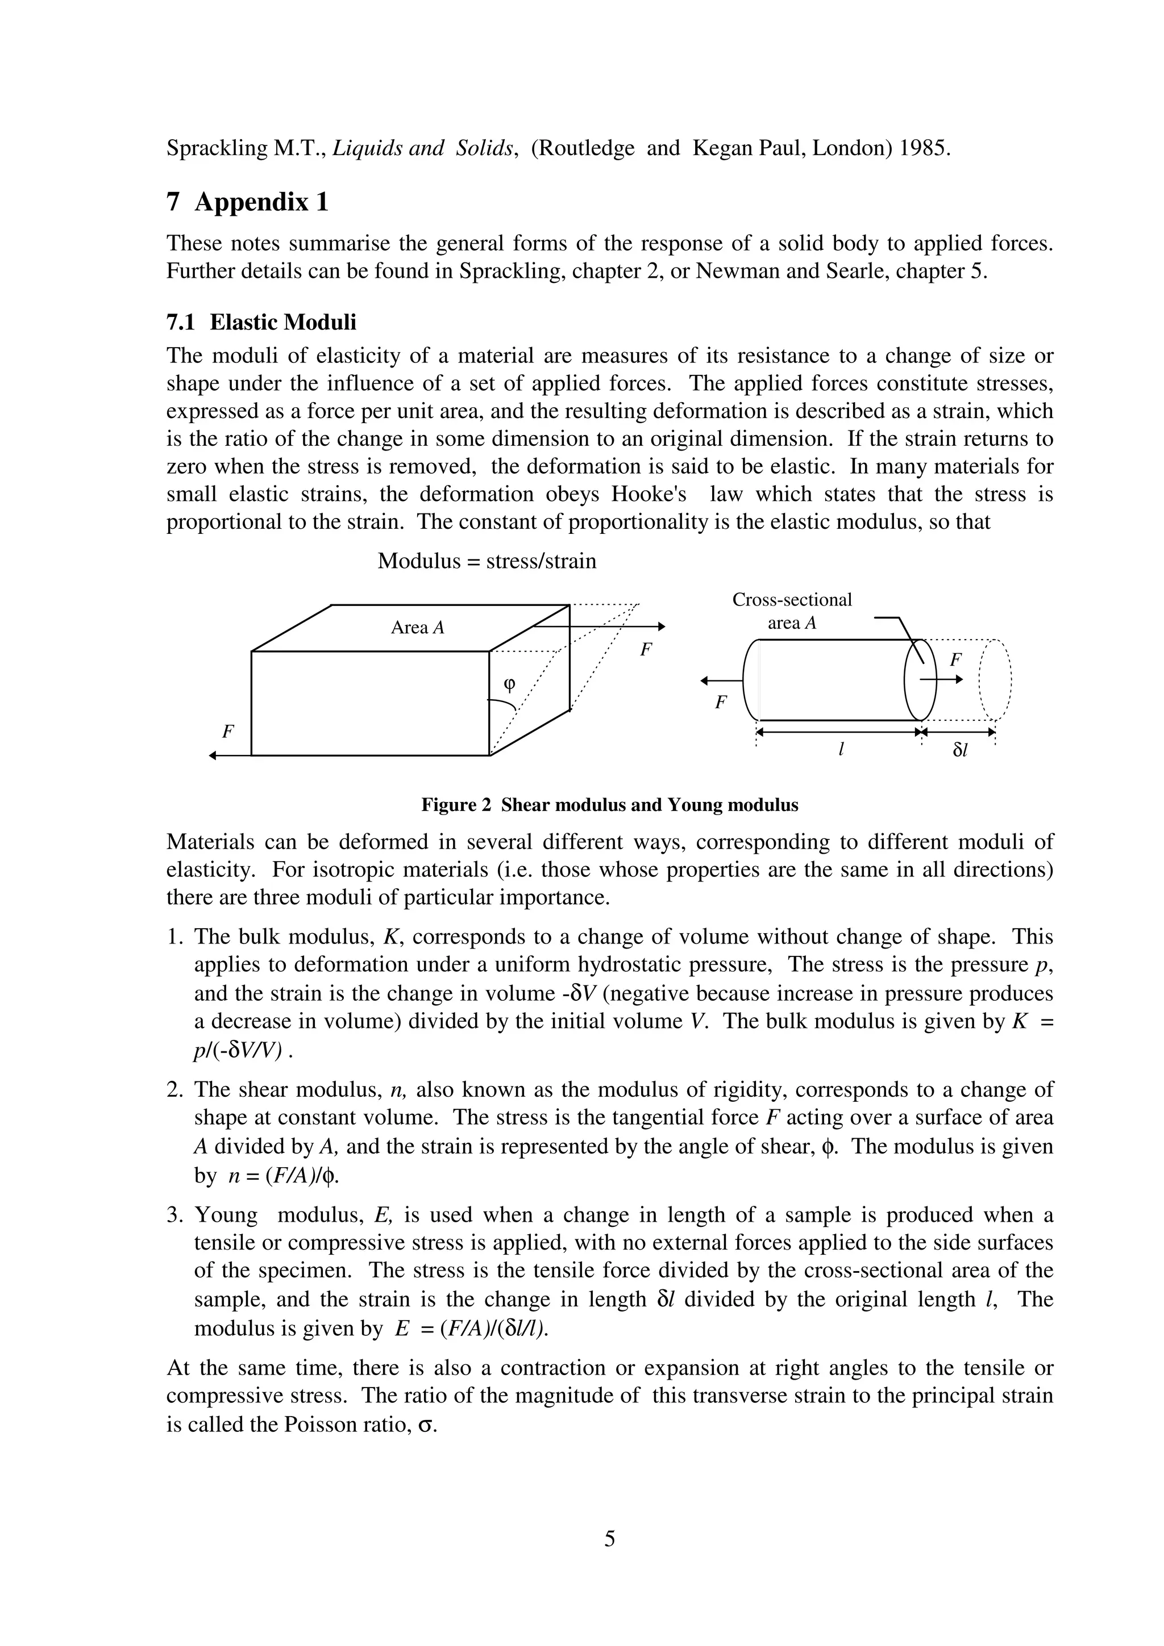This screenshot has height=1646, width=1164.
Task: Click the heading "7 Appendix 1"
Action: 247,202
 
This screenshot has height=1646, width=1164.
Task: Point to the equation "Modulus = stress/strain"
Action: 487,561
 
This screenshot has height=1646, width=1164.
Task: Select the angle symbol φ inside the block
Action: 509,683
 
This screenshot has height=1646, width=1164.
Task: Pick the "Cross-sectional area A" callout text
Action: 792,611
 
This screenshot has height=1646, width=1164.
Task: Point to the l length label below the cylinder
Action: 841,749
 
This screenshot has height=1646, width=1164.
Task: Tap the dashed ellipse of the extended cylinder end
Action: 995,680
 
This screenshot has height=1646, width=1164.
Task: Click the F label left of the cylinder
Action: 721,703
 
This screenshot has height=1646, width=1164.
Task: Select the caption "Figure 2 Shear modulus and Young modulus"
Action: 610,805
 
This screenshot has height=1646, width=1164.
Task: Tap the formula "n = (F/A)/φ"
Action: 282,1176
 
